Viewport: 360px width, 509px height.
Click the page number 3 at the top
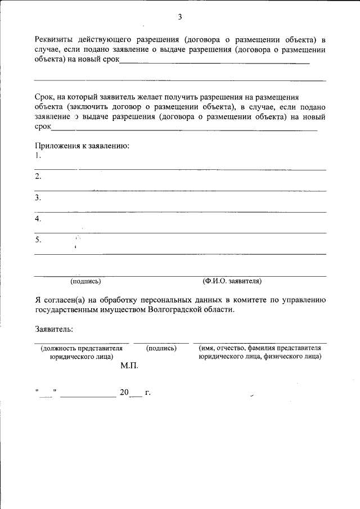click(x=180, y=17)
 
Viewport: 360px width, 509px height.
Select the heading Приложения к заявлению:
click(x=82, y=146)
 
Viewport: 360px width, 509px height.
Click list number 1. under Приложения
click(x=38, y=156)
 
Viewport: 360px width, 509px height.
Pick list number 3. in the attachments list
click(x=38, y=198)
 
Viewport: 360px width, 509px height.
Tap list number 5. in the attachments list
click(x=38, y=240)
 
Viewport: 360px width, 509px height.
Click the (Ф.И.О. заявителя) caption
click(x=232, y=281)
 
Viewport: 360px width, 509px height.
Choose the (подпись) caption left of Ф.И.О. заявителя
click(x=85, y=281)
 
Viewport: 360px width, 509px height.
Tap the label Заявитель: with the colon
click(x=54, y=330)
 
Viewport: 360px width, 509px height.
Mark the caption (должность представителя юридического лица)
click(x=81, y=352)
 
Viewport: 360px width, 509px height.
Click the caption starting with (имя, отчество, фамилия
click(x=259, y=352)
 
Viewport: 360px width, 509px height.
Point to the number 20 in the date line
click(x=124, y=393)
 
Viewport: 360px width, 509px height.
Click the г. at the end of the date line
click(x=147, y=393)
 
